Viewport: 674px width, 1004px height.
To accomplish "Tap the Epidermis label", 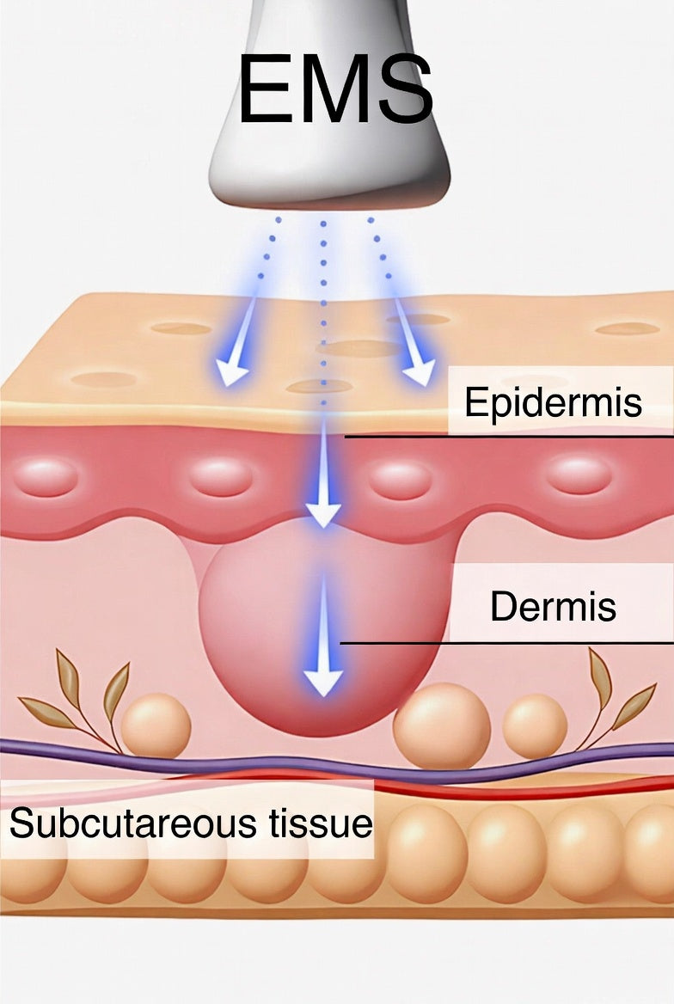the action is pos(553,402).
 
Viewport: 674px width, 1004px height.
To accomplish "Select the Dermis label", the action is pos(553,606).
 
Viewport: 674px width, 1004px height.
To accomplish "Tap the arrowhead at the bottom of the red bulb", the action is pos(323,683).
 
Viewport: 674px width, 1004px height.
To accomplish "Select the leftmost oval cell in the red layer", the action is pos(46,478).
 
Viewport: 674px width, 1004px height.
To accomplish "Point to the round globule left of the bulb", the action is pos(156,725).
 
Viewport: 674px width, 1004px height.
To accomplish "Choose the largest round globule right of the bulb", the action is pos(442,726).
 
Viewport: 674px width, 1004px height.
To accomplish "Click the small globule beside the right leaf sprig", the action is pos(535,726).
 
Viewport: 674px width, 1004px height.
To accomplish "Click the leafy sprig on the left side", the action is pos(77,704).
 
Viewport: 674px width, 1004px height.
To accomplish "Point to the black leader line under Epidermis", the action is pos(509,438).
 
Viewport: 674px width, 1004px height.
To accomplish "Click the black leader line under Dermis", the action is pos(506,643).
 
